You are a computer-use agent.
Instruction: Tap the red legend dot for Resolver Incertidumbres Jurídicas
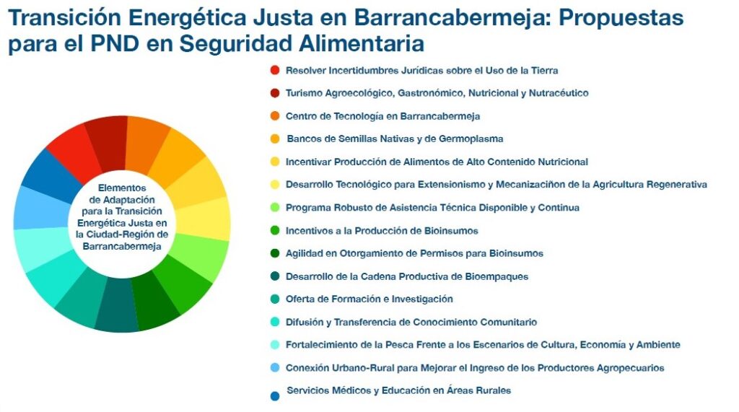click(x=275, y=70)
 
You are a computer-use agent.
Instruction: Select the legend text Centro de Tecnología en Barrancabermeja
click(x=382, y=116)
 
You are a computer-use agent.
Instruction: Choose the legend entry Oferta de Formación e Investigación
click(x=369, y=299)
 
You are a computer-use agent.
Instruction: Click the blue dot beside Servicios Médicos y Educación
click(x=275, y=396)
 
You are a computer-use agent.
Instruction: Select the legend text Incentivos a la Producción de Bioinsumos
click(x=382, y=230)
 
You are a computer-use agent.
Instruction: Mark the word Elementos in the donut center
click(x=122, y=188)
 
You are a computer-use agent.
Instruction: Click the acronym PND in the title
click(x=115, y=43)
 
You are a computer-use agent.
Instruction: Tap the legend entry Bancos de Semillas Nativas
click(x=395, y=139)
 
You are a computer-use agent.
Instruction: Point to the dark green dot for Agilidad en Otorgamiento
click(x=275, y=253)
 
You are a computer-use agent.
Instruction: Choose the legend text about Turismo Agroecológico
click(x=437, y=93)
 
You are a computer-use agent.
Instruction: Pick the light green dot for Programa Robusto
click(x=275, y=207)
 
